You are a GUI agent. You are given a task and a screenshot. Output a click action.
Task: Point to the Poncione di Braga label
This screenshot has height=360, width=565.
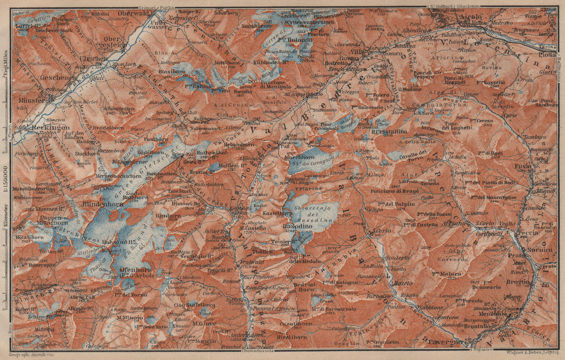[x=395, y=191]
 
